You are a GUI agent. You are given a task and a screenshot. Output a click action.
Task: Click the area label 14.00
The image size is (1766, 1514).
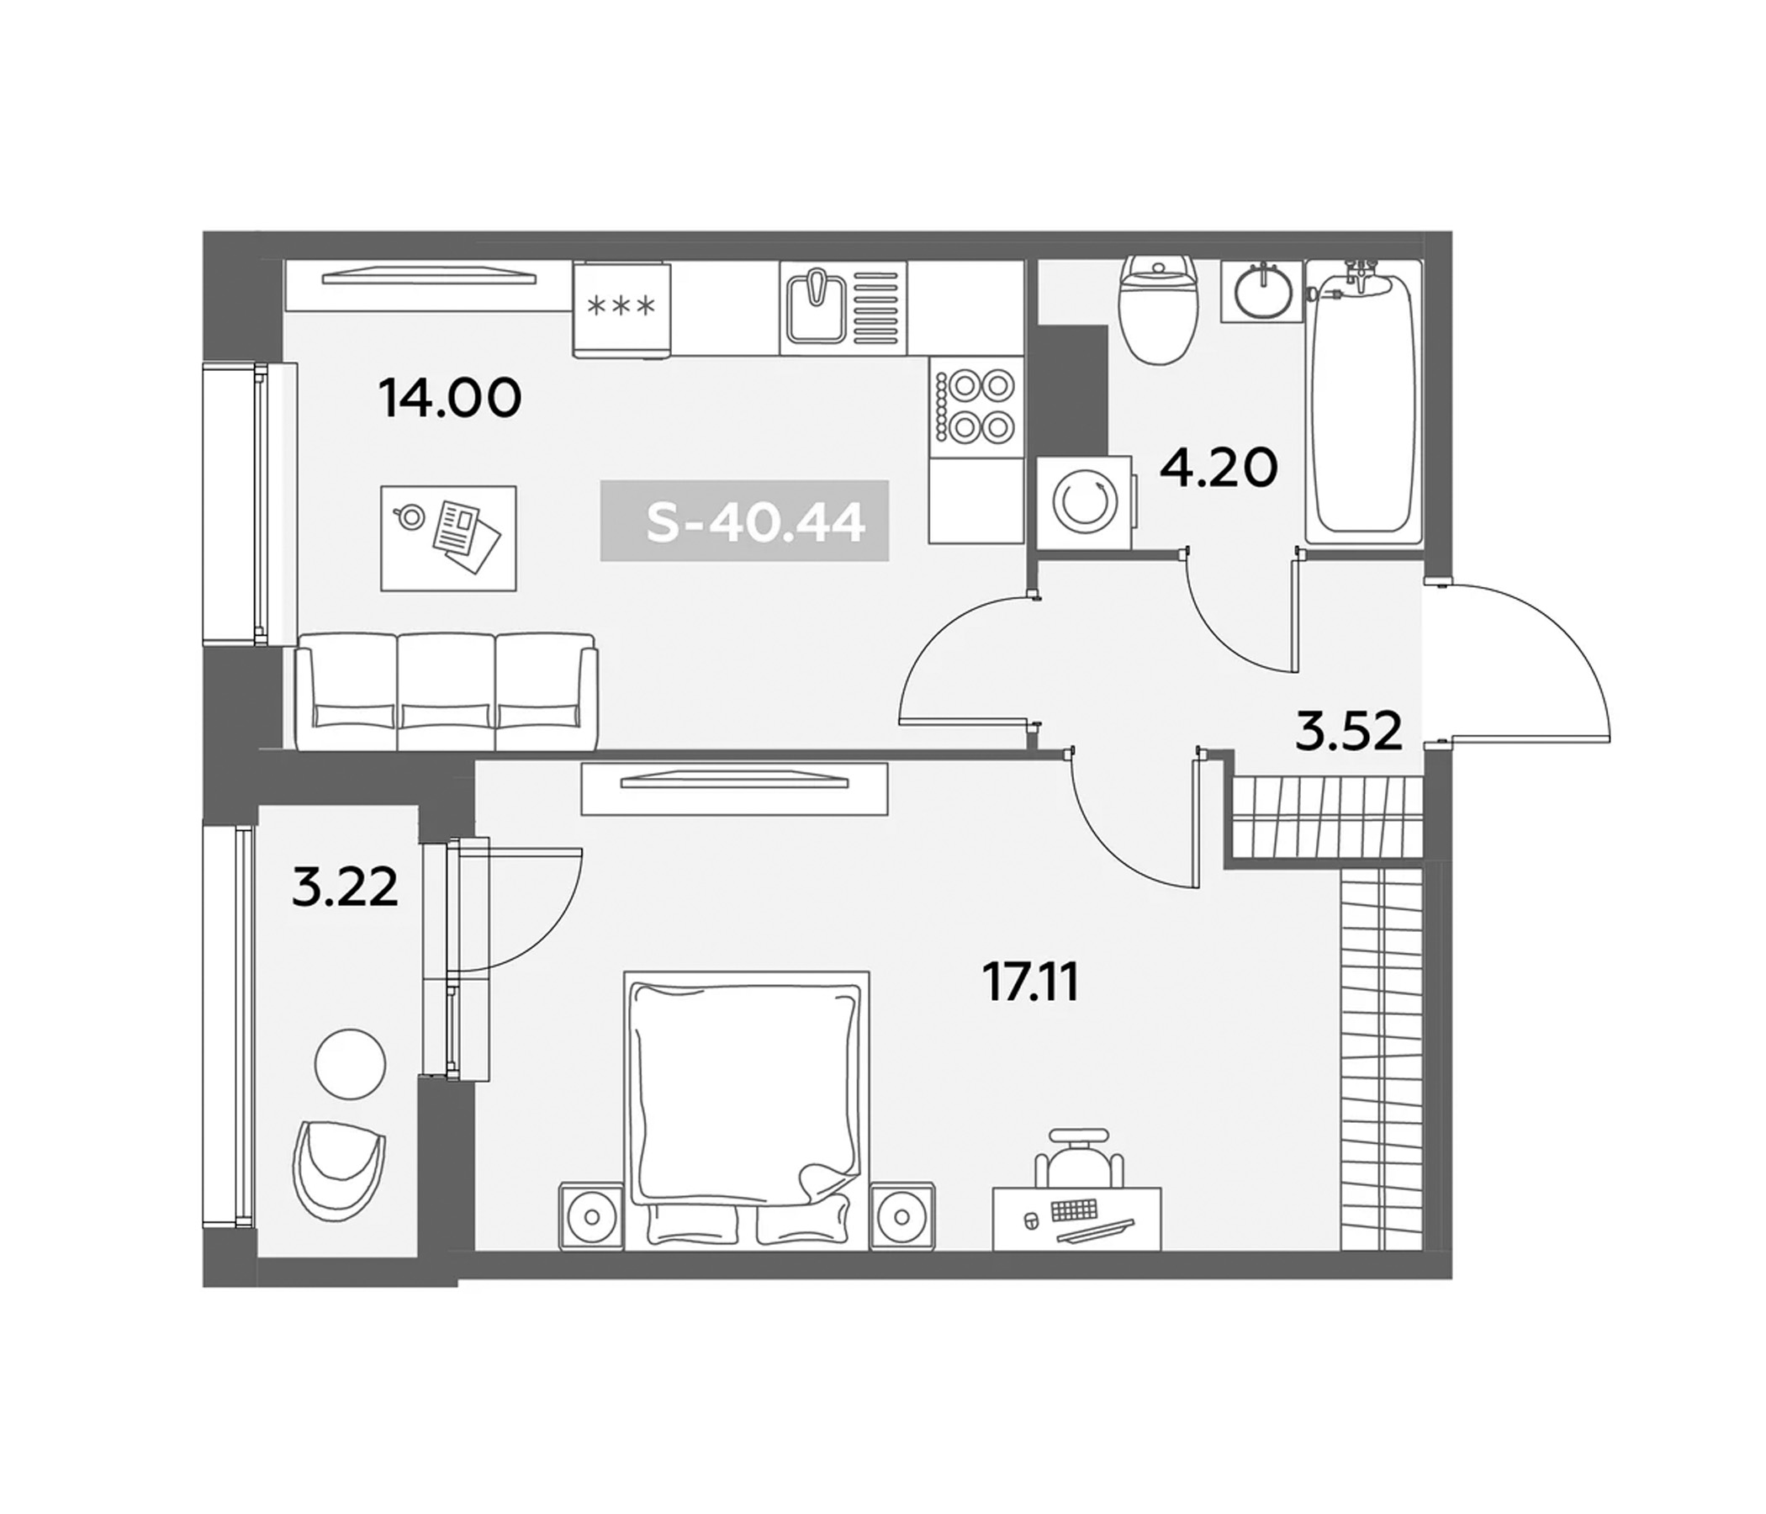click(x=449, y=399)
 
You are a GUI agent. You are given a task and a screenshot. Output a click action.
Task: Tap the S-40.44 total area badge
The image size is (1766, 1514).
click(x=745, y=521)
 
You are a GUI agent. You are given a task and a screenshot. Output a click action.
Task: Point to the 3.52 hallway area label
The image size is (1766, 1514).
click(x=1347, y=732)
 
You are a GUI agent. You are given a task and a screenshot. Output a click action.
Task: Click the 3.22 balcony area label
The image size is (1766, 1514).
click(x=343, y=889)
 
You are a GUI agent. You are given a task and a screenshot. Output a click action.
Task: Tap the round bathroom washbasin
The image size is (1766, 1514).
click(x=1261, y=292)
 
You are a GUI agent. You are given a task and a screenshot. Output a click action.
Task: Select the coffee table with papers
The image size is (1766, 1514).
click(x=448, y=538)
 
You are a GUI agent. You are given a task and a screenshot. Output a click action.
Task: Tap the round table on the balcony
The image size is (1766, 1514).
click(x=350, y=1065)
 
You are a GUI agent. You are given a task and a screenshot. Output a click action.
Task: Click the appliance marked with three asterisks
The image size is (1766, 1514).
click(x=621, y=309)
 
